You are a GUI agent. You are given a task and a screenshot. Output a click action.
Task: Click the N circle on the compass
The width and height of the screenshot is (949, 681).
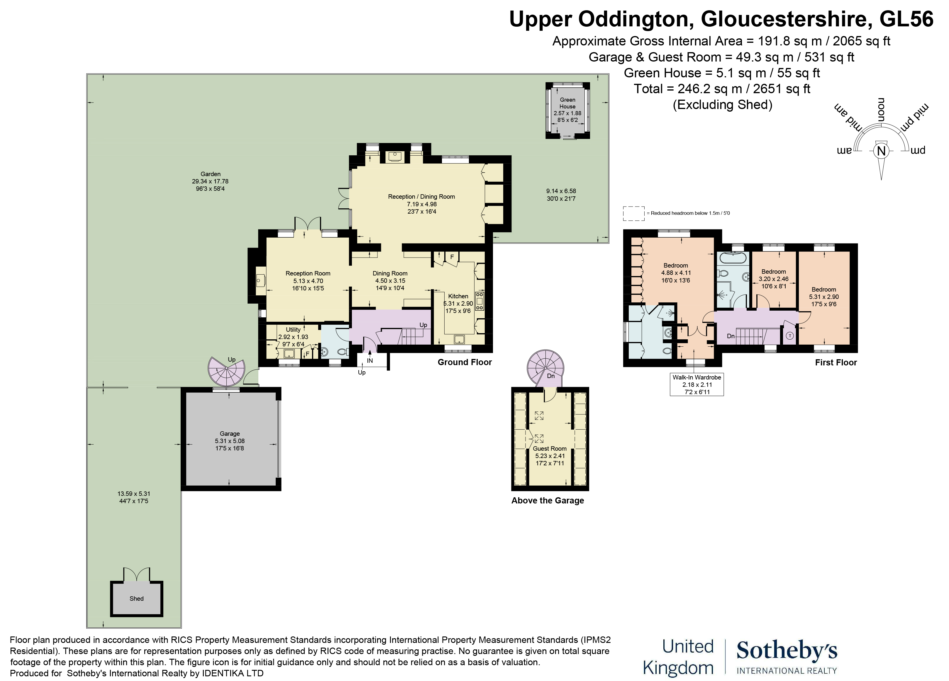(881, 151)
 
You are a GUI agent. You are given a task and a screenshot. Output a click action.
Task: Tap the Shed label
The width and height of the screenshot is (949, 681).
(136, 599)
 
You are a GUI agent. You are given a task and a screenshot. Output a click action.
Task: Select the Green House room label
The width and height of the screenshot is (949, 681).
(567, 103)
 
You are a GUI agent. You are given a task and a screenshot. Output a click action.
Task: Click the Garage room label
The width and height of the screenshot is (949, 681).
(230, 434)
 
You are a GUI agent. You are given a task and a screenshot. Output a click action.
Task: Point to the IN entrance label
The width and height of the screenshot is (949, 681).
(370, 360)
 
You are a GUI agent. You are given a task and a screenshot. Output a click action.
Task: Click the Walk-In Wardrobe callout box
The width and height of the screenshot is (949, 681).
(697, 384)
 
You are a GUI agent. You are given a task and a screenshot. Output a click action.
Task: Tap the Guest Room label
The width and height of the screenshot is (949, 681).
(549, 449)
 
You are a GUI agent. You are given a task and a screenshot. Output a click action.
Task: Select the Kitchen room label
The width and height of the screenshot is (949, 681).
(458, 296)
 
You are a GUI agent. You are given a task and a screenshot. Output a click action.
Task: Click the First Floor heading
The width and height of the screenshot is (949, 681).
(836, 362)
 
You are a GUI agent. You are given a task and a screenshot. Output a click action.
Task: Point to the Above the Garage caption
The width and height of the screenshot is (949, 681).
(547, 500)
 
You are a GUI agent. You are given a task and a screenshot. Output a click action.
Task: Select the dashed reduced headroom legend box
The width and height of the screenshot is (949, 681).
(633, 213)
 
